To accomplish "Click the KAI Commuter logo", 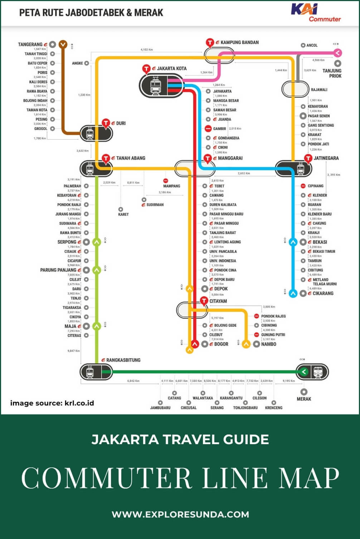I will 316,13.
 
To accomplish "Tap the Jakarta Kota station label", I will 171,68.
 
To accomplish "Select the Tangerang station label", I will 30,44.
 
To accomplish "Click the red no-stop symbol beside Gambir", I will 208,128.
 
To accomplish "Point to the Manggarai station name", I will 230,158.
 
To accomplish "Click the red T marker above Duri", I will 106,123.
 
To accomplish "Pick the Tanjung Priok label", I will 332,73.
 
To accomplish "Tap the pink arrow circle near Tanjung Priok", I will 337,53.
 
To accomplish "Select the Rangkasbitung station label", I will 123,360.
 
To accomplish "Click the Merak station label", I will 304,399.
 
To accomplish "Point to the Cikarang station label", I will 323,293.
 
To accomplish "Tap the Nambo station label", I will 268,344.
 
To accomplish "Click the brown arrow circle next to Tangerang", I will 63,44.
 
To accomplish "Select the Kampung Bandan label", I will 239,42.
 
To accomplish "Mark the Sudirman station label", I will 155,205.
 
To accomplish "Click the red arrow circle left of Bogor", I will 194,344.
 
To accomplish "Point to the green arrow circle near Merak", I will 304,372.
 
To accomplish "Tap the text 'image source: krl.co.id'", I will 52,403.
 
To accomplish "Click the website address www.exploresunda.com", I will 180,514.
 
